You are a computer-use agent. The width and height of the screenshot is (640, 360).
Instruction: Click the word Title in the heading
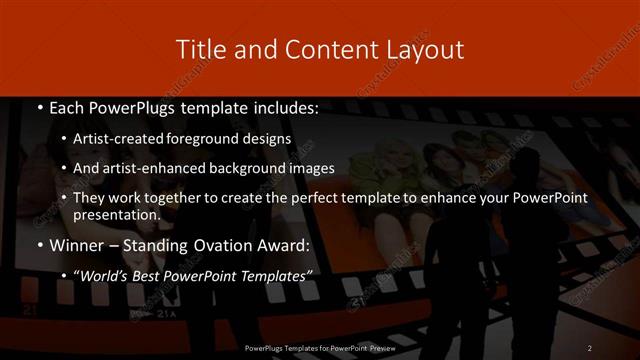click(x=198, y=49)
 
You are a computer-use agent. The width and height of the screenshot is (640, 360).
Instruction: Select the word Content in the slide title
click(x=314, y=49)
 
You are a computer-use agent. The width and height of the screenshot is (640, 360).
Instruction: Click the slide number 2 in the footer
click(x=589, y=347)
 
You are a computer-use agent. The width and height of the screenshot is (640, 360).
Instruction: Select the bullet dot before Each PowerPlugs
click(x=39, y=108)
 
